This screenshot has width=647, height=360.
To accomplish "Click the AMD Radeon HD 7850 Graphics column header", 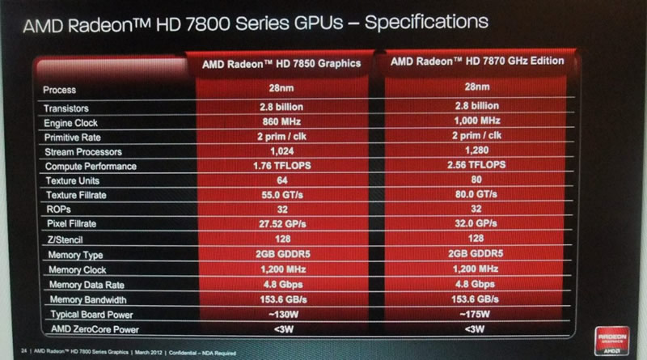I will pos(280,63).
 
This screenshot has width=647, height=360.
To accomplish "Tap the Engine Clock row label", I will pos(75,122).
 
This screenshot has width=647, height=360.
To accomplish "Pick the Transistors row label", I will pos(70,108).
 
